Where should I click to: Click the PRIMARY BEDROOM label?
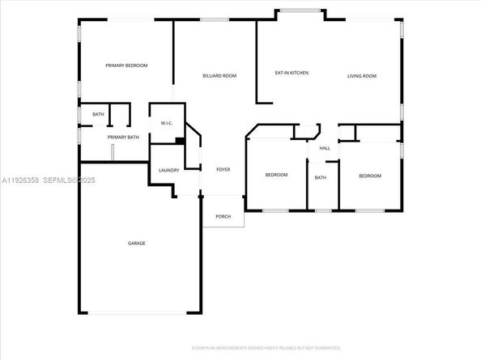[x=126, y=66]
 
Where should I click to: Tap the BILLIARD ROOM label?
[x=219, y=75]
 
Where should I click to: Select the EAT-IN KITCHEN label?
[x=292, y=74]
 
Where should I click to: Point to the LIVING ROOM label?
[x=362, y=76]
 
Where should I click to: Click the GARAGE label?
[x=136, y=243]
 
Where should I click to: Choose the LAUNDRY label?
[x=168, y=170]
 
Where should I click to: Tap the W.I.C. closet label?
[x=167, y=123]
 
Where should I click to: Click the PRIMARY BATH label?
[x=124, y=137]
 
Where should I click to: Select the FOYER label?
[x=223, y=170]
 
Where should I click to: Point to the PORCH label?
[x=223, y=216]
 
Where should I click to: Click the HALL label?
[x=325, y=148]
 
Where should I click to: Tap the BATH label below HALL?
[x=321, y=178]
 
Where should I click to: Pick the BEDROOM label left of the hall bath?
[x=277, y=176]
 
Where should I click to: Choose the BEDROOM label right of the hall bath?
[x=370, y=176]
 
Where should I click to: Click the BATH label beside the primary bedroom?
[x=98, y=114]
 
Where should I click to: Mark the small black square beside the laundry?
[x=180, y=142]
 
